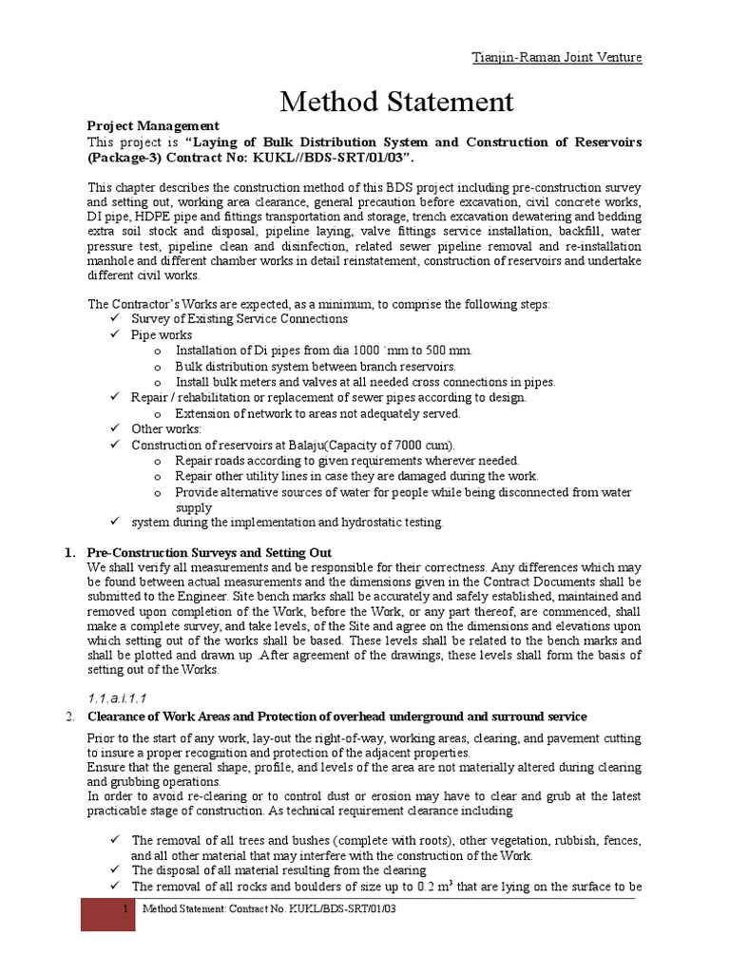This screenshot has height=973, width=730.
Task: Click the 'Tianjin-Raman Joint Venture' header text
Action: (557, 57)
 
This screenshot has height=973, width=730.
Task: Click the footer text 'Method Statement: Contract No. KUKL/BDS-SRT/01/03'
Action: (268, 909)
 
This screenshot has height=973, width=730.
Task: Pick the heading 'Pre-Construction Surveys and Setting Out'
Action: (209, 552)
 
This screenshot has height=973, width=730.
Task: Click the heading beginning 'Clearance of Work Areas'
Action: (336, 716)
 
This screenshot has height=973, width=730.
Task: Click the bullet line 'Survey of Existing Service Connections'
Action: (240, 319)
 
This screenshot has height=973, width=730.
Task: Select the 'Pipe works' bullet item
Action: (162, 334)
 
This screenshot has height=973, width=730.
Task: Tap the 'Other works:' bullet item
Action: (166, 429)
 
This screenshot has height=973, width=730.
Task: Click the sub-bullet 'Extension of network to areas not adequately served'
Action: (317, 413)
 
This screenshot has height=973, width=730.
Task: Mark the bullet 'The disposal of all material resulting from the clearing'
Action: (279, 870)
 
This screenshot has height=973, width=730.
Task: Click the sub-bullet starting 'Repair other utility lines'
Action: (356, 476)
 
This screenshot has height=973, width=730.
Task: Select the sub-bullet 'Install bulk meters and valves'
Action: (365, 382)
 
